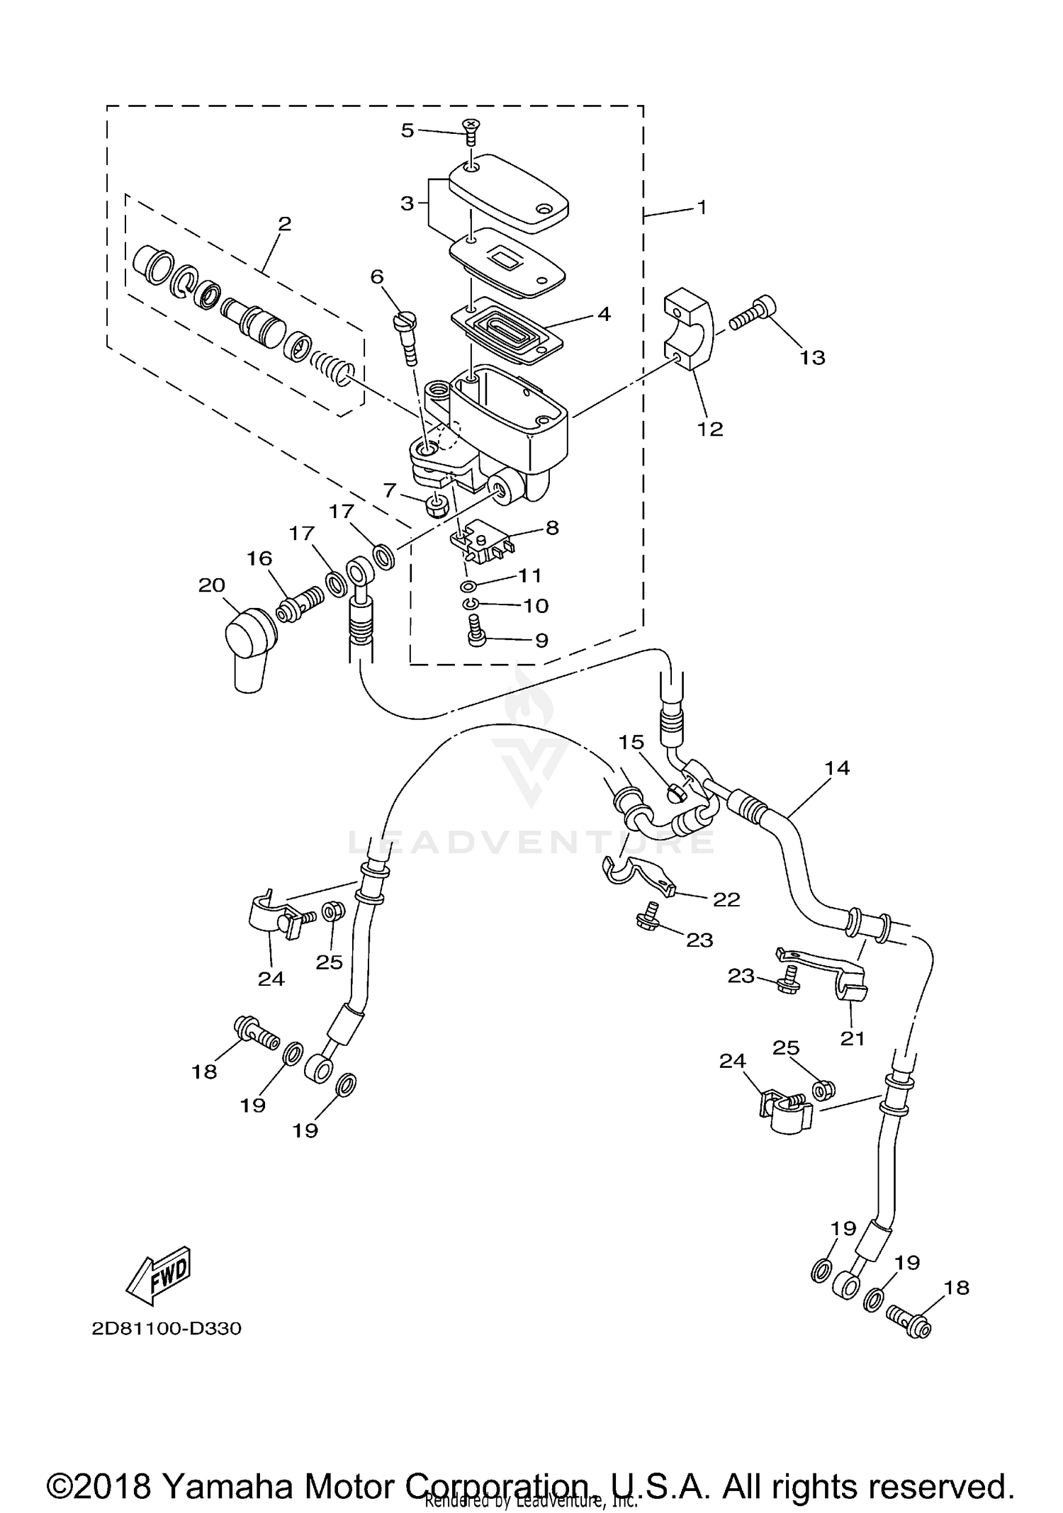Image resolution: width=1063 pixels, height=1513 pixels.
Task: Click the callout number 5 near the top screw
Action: pyautogui.click(x=407, y=130)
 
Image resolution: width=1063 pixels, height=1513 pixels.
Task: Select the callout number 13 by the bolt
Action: pyautogui.click(x=813, y=358)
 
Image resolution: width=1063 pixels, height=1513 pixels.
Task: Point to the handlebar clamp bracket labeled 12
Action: pyautogui.click(x=690, y=330)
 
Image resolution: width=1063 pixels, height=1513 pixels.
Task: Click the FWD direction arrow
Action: pyautogui.click(x=159, y=1275)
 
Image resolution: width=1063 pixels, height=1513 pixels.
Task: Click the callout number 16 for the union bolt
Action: pyautogui.click(x=259, y=559)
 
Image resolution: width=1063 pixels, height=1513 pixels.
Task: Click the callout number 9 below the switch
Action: pyautogui.click(x=541, y=641)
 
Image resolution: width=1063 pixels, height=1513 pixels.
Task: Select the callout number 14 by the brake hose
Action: pyautogui.click(x=837, y=768)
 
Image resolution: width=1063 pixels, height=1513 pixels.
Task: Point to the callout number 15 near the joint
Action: pyautogui.click(x=631, y=743)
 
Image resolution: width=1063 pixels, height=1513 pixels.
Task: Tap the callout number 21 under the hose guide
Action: pyautogui.click(x=853, y=1038)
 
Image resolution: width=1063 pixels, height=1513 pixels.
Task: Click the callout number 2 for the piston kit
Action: pyautogui.click(x=284, y=225)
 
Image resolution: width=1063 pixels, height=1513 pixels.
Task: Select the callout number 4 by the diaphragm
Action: pyautogui.click(x=604, y=314)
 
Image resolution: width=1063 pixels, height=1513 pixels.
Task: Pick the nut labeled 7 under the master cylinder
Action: pyautogui.click(x=434, y=505)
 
